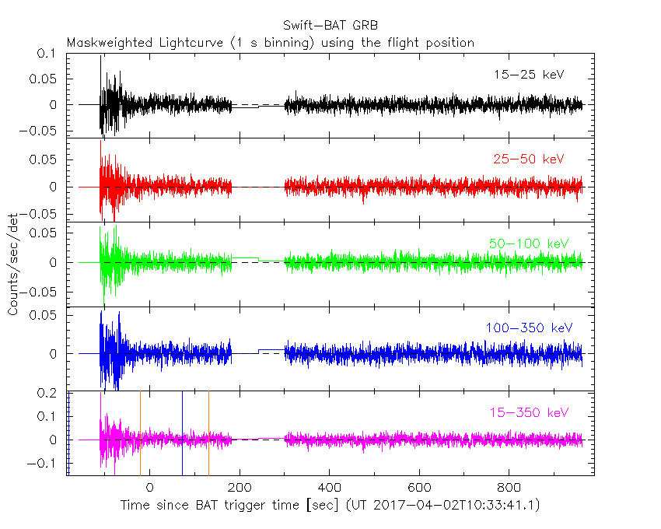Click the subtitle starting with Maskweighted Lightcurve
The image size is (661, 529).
point(270,43)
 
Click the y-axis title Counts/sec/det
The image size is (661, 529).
point(13,264)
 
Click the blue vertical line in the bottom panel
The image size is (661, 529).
point(182,432)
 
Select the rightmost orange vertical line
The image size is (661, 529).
point(208,432)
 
